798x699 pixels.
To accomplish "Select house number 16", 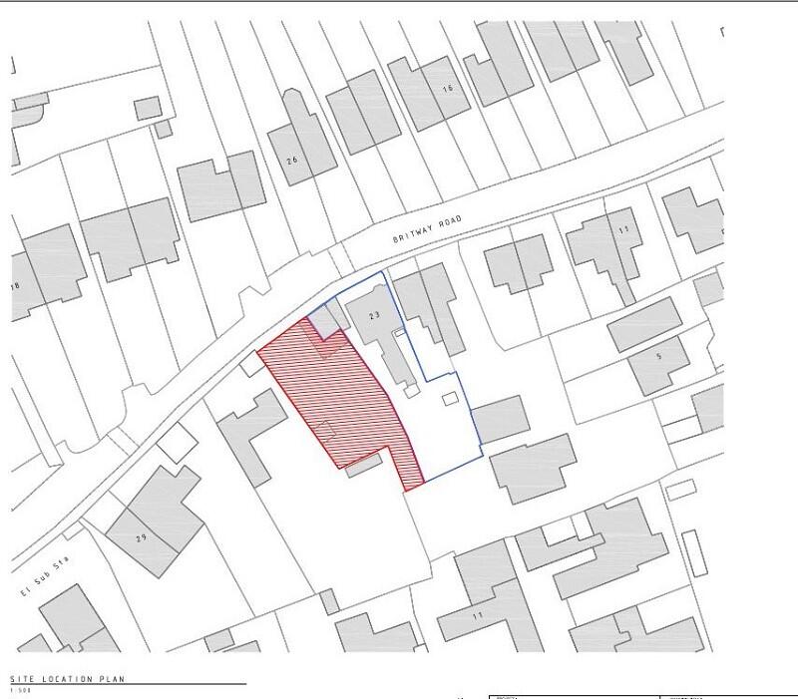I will [447, 90].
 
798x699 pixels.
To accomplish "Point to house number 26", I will [292, 161].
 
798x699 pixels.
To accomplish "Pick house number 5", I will [658, 355].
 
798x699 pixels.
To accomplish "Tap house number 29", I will [142, 538].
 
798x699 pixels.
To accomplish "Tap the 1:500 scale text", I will [19, 690].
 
